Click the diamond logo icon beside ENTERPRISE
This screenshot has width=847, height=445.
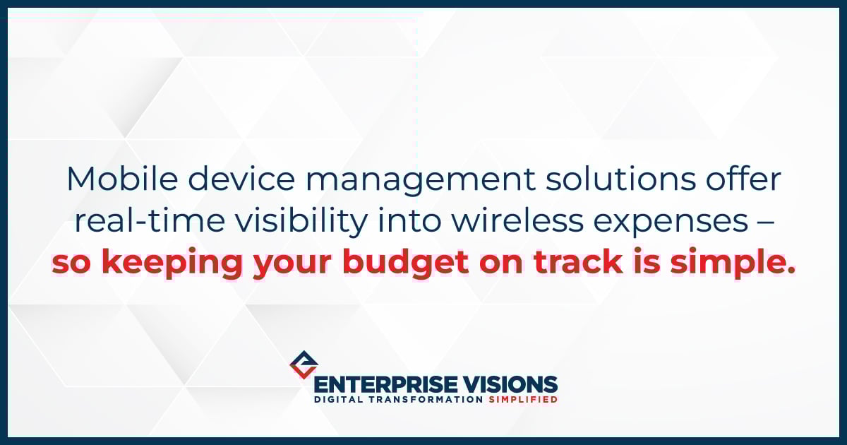coord(304,364)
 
